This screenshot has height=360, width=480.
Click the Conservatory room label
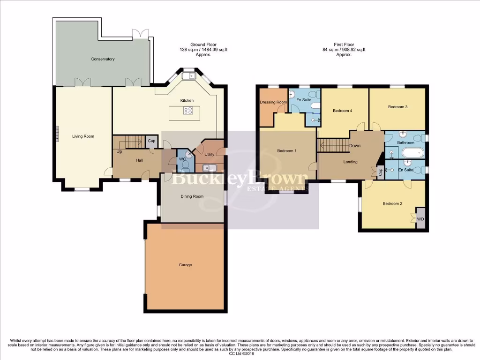[x=103, y=59]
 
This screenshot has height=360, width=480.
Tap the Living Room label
[x=83, y=136]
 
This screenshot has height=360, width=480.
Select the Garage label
[x=185, y=265]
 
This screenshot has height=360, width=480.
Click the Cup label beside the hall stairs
[x=151, y=141]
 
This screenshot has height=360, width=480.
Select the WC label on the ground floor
[x=183, y=159]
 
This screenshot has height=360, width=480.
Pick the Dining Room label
[x=192, y=196]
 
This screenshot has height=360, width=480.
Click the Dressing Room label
[x=273, y=102]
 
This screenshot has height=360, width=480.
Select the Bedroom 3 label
[x=397, y=107]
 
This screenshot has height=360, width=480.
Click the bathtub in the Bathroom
[x=412, y=152]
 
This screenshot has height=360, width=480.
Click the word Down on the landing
[x=355, y=146]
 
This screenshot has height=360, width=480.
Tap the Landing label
[x=350, y=162]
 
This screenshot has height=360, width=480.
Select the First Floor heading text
[x=344, y=45]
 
